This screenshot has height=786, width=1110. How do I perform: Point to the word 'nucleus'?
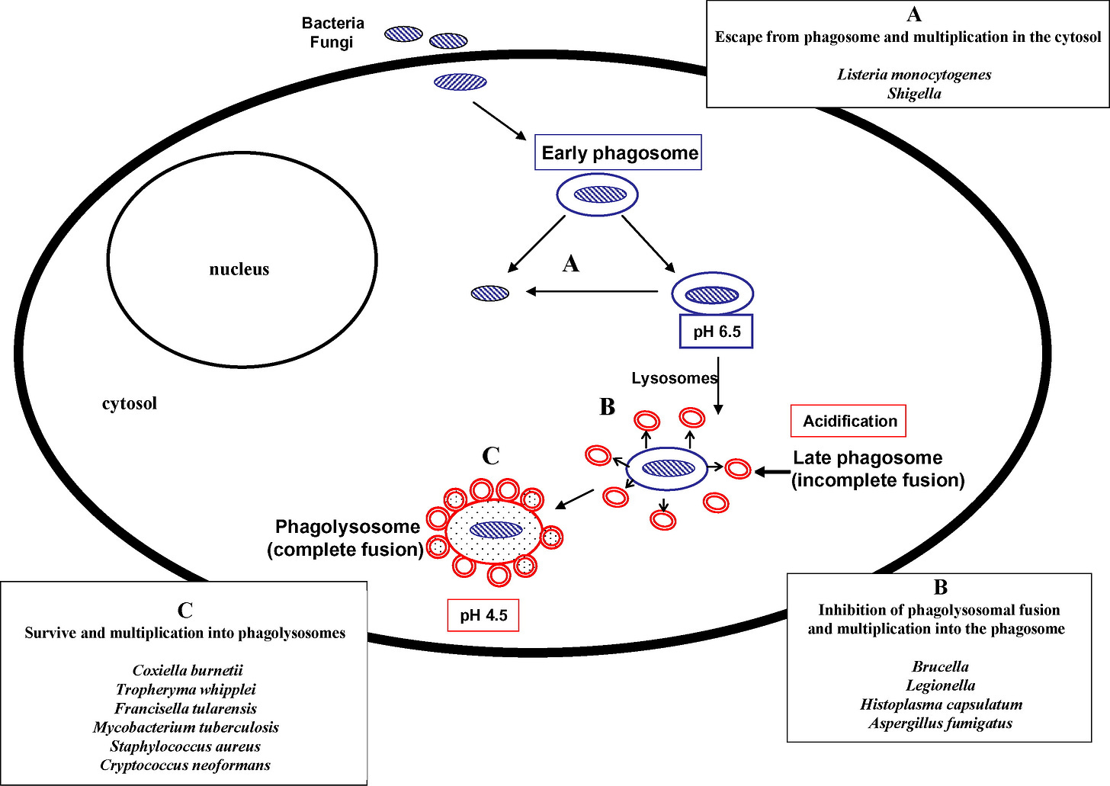point(239,269)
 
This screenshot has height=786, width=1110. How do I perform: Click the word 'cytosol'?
point(130,403)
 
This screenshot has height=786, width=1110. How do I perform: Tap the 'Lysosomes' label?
point(675,378)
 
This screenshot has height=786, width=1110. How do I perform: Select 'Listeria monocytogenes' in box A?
point(914,75)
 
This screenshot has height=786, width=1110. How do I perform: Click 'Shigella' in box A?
point(914,94)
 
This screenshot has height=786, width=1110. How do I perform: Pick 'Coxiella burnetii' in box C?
point(188,670)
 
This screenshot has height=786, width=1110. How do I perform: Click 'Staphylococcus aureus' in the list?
point(184,746)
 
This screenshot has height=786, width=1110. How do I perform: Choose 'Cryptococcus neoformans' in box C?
point(185,765)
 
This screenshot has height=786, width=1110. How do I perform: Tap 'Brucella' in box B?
point(941,666)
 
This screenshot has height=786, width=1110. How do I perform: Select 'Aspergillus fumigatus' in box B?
point(941,723)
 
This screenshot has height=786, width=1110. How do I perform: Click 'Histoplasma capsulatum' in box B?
point(941,704)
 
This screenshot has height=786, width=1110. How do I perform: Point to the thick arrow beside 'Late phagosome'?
point(772,472)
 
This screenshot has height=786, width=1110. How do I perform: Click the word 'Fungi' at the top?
point(332,42)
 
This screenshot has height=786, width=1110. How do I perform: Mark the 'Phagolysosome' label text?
point(348,526)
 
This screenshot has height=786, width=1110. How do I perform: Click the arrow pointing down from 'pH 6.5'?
point(718,386)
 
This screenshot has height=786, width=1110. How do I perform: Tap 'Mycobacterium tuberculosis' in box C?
point(185,727)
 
